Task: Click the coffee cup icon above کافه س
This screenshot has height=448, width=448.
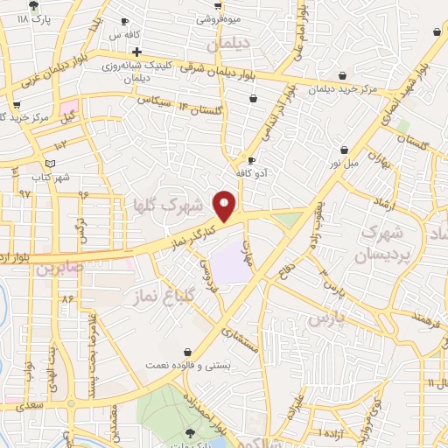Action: click(125, 21)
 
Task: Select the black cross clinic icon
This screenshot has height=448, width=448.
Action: click(137, 52)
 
